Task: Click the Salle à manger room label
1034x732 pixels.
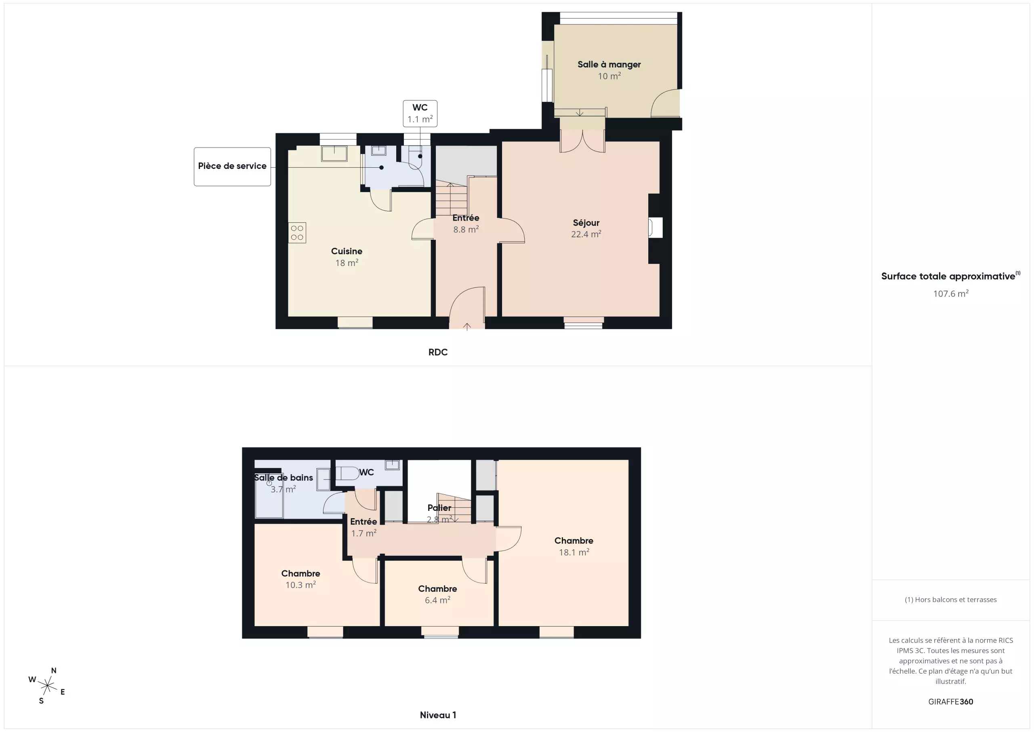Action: [609, 64]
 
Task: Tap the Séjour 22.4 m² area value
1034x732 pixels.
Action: [586, 234]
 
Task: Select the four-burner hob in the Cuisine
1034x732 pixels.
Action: [297, 232]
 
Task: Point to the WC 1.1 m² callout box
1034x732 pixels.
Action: [420, 114]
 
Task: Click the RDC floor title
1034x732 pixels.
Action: [438, 352]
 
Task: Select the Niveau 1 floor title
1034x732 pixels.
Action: [438, 715]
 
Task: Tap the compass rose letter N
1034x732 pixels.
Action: [54, 670]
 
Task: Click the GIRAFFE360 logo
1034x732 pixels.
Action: [951, 701]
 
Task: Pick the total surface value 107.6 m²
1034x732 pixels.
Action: [951, 293]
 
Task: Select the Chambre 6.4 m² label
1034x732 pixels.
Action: [437, 594]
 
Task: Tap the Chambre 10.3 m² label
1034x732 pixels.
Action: [301, 579]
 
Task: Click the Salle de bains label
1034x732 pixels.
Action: [283, 478]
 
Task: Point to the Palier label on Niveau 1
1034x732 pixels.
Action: [439, 508]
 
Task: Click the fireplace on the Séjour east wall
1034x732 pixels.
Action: [655, 228]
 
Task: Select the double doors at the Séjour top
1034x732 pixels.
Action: [582, 141]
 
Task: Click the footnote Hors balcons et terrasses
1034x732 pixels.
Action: [951, 599]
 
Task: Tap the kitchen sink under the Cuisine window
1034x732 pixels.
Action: [334, 153]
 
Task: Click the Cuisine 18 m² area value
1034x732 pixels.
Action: [347, 263]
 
